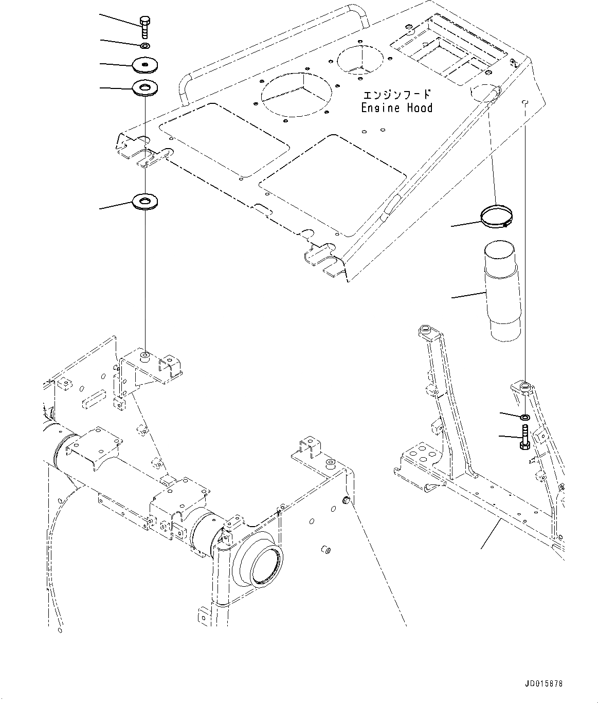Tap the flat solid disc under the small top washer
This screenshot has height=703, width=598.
click(x=145, y=65)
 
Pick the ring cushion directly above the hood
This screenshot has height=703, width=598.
click(x=145, y=88)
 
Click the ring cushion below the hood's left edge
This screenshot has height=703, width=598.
click(x=145, y=201)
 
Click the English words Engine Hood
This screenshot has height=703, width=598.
click(x=396, y=108)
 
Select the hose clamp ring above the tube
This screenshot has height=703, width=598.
click(x=497, y=215)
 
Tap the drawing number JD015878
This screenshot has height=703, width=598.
click(x=544, y=684)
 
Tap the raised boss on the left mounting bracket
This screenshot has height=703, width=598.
click(x=145, y=354)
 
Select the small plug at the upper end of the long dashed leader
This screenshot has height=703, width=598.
click(x=346, y=500)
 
